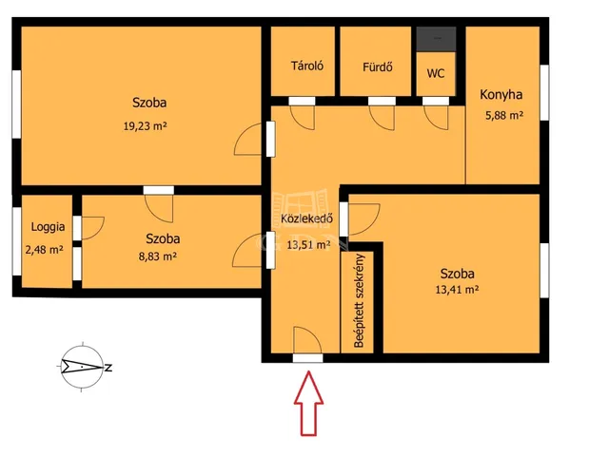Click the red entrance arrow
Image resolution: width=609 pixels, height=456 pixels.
(x=308, y=403)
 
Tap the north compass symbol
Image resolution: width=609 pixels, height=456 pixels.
(x=83, y=367)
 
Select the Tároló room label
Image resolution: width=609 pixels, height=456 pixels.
(x=306, y=66)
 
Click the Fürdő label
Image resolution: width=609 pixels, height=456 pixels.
(x=378, y=66)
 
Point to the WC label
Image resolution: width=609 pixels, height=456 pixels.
(x=436, y=73)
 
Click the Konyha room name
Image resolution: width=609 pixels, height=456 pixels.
(x=501, y=95)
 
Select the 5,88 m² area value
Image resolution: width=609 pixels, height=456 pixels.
(x=504, y=115)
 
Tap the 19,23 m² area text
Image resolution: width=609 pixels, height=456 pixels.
(x=146, y=125)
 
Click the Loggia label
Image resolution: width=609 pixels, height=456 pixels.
(x=48, y=227)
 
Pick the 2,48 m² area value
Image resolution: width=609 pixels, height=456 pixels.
(x=45, y=250)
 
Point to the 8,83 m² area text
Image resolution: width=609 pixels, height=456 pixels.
(x=158, y=256)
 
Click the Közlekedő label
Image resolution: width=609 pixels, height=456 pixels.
(x=306, y=218)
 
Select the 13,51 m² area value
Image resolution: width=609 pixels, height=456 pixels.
(x=308, y=245)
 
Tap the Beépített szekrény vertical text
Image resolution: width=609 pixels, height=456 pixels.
(x=360, y=300)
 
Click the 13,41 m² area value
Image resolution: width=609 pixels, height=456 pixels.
(x=457, y=289)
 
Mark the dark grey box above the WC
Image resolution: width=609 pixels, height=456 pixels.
(x=436, y=38)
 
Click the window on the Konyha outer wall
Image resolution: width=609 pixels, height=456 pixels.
(x=545, y=93)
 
